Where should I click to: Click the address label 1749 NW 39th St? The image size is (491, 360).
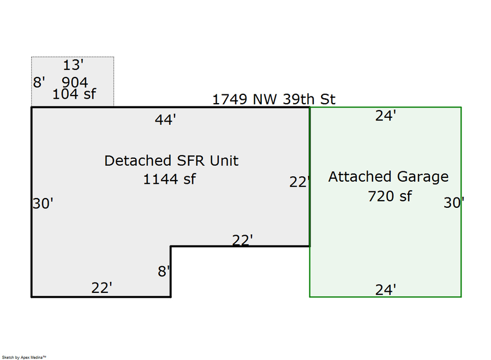click(273, 99)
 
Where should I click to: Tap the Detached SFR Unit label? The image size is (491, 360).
click(171, 160)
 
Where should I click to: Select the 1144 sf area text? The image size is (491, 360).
click(169, 179)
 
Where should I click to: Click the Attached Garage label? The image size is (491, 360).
click(388, 177)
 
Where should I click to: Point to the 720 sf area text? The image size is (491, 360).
click(390, 195)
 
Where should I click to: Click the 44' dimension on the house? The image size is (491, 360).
click(165, 120)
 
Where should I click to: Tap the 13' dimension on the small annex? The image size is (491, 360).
click(73, 65)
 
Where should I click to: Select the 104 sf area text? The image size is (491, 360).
click(74, 94)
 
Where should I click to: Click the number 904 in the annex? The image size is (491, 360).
click(75, 82)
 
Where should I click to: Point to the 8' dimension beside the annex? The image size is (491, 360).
click(39, 82)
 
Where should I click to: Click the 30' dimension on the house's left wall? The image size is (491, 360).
click(43, 203)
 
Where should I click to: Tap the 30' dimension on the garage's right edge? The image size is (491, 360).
click(453, 203)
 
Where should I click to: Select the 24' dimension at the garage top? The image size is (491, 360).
click(385, 116)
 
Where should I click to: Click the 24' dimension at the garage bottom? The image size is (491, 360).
click(385, 290)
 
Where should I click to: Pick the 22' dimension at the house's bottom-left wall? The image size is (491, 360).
click(101, 288)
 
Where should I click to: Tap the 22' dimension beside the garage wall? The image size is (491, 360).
click(300, 182)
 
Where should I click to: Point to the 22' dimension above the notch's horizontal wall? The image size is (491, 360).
click(242, 240)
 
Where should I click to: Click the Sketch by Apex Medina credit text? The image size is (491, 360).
click(23, 357)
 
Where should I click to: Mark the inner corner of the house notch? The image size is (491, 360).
click(171, 247)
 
